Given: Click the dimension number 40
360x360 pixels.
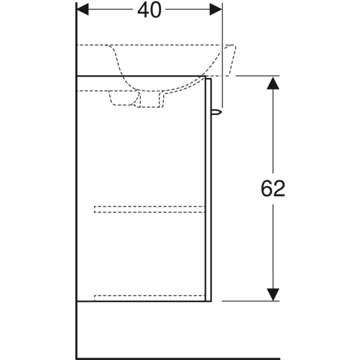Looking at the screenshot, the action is (x=149, y=11).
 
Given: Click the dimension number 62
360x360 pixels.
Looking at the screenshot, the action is (x=273, y=188).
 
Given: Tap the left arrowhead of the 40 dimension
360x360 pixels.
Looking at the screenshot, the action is (x=83, y=10).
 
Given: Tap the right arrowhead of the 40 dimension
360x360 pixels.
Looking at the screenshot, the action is (x=216, y=10).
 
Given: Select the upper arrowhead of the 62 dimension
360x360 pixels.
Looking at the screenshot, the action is (x=273, y=83).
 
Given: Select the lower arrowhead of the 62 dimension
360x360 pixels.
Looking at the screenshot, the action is (x=273, y=295).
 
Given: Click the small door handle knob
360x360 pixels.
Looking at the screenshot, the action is (x=217, y=112).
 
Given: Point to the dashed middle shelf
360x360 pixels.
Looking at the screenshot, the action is (x=149, y=209).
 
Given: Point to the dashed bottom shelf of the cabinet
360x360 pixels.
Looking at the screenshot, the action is (x=149, y=298).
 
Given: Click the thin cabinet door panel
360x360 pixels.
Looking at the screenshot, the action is (x=208, y=190).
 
